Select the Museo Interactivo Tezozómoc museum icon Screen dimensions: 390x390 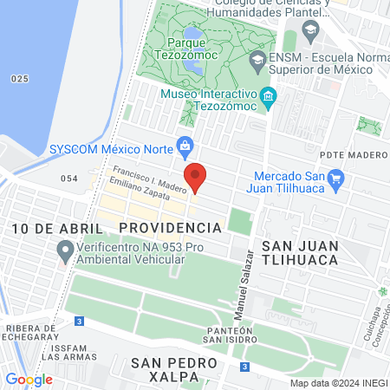[x=269, y=95]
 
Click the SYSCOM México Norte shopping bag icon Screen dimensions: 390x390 [x=184, y=145]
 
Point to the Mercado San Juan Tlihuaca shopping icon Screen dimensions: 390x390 [x=337, y=179]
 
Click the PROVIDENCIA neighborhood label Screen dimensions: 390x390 [x=170, y=227]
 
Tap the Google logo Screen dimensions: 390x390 [x=29, y=379]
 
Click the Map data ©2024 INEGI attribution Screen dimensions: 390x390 [x=338, y=383]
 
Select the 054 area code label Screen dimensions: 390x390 [x=69, y=178]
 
